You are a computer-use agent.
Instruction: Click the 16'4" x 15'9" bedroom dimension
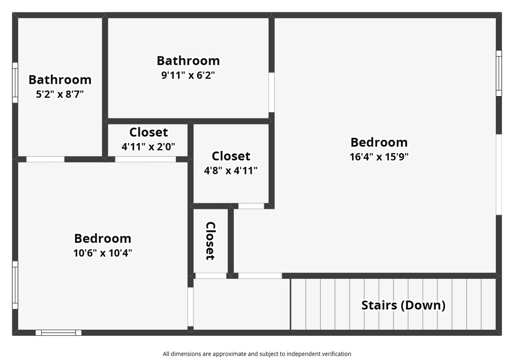379,157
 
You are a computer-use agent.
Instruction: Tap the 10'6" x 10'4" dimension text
103,253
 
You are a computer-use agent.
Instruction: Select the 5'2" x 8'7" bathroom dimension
60,94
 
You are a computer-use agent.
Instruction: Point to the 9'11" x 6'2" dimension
188,75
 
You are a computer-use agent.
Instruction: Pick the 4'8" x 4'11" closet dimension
231,171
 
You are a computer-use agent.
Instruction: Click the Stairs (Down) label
403,305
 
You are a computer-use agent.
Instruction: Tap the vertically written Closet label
210,241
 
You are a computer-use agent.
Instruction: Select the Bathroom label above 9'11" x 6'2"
188,61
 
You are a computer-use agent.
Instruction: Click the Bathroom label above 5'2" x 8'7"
60,80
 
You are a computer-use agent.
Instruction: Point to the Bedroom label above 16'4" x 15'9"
379,142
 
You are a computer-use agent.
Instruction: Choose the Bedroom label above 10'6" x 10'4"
103,238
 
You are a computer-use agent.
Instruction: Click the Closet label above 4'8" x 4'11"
231,156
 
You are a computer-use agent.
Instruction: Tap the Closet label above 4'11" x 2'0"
149,132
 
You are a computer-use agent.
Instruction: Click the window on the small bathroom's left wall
15,83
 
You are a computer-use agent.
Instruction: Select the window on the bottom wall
59,333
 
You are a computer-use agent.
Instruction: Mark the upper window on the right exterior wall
499,73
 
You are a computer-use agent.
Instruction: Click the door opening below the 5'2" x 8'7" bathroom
45,159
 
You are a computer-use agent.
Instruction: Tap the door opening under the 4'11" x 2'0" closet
145,159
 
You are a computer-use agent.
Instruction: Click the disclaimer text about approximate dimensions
257,354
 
